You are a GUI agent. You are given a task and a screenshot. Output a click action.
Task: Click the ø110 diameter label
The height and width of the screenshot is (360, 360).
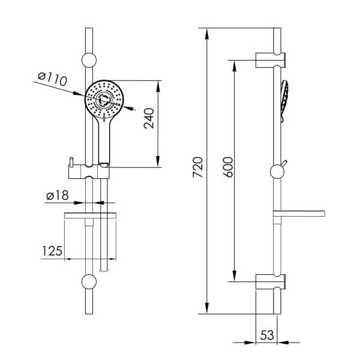pyautogui.click(x=52, y=79)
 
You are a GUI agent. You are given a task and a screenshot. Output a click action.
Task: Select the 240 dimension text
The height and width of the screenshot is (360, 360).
pyautogui.click(x=149, y=118)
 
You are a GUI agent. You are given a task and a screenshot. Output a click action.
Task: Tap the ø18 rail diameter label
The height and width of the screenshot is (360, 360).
pyautogui.click(x=58, y=196)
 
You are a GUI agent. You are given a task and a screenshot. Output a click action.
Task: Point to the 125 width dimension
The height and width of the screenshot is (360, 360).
pyautogui.click(x=52, y=251)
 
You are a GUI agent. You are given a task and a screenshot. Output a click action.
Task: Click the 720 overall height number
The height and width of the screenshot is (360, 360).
pyautogui.click(x=198, y=167)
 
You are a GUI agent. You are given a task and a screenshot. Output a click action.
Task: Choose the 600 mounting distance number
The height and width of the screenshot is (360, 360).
pyautogui.click(x=228, y=167)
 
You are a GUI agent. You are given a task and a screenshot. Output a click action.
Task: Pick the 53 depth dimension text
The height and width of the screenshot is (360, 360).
pyautogui.click(x=267, y=335)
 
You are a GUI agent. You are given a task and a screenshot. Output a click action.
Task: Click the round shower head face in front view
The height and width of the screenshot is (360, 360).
pyautogui.click(x=104, y=100)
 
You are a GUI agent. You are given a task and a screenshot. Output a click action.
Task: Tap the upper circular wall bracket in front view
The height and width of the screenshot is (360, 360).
pyautogui.click(x=89, y=60)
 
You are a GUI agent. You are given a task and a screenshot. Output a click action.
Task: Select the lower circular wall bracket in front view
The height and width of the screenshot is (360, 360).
pyautogui.click(x=89, y=281)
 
